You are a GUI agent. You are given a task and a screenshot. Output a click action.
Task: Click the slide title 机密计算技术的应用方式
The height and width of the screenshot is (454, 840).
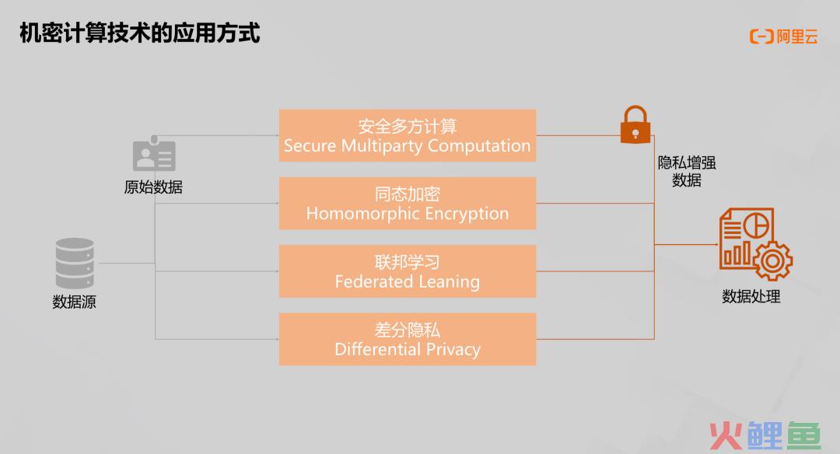pos(140,33)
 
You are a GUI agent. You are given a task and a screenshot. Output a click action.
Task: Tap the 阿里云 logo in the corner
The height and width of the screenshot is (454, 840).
pos(784,37)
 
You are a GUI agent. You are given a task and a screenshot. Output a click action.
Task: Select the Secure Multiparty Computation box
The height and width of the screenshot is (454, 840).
pos(407,135)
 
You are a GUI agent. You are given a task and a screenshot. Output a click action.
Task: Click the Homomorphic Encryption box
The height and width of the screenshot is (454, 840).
pos(407,204)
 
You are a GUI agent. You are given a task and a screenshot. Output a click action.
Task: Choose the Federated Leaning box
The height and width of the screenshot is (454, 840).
pos(407,271)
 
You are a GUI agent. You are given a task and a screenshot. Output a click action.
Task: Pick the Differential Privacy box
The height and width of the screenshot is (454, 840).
pos(407,340)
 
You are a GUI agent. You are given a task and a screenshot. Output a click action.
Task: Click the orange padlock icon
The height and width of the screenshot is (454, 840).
pos(635,124)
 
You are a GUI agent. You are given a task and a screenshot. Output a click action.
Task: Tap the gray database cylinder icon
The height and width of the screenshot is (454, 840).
pos(75,264)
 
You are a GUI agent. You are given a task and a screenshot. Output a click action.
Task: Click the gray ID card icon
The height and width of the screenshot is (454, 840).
pos(154,154)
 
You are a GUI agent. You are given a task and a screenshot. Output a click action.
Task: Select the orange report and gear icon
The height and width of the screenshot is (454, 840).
pos(755,244)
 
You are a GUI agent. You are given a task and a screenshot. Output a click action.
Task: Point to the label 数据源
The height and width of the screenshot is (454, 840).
pos(75,302)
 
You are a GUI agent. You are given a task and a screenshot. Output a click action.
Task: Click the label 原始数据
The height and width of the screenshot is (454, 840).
pos(154,187)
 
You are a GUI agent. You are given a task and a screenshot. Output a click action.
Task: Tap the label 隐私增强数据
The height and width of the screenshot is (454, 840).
pos(687,171)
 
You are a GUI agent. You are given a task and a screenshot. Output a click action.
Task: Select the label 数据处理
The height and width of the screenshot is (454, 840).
pos(751,296)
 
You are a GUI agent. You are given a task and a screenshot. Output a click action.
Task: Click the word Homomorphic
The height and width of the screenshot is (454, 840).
pos(362,214)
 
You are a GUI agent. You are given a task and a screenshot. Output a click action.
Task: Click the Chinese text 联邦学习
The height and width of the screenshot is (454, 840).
pos(407,262)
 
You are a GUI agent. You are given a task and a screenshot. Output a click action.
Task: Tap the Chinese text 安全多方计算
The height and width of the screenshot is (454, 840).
pos(407,127)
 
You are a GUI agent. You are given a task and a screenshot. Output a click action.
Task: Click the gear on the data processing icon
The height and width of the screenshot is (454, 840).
pos(772,260)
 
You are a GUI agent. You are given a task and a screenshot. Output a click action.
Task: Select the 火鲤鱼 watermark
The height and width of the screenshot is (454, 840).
pos(765,435)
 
